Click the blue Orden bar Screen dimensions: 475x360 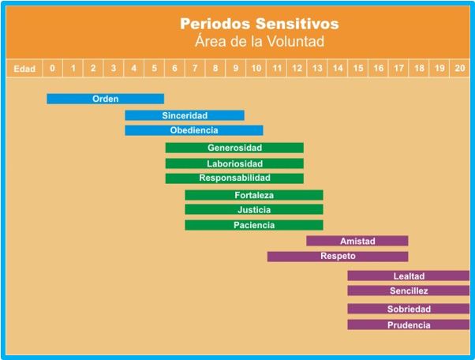coord(106,99)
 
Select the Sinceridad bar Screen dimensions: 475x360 coord(185,115)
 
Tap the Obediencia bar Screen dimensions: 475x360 coord(194,130)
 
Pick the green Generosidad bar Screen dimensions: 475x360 coord(234,148)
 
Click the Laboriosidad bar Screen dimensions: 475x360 coord(234,163)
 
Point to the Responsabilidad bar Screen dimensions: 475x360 coord(234,178)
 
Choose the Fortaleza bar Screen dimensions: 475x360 coord(254,195)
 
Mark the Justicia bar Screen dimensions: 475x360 coord(254,209)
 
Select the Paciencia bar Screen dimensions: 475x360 coord(254,225)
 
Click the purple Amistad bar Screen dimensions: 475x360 coord(357,241)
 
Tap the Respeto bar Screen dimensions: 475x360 coord(338,257)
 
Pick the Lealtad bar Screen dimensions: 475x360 coord(409,276)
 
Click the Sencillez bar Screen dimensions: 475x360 coord(409,291)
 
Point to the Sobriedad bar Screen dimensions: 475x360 coord(409,309)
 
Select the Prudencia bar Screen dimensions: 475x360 coord(409,324)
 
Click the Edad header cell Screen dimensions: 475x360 coord(24,68)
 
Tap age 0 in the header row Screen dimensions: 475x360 coord(52,68)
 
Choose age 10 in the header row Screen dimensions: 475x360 coord(256,68)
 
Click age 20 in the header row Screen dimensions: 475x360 coord(459,68)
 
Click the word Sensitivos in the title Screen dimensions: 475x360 coord(297,24)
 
